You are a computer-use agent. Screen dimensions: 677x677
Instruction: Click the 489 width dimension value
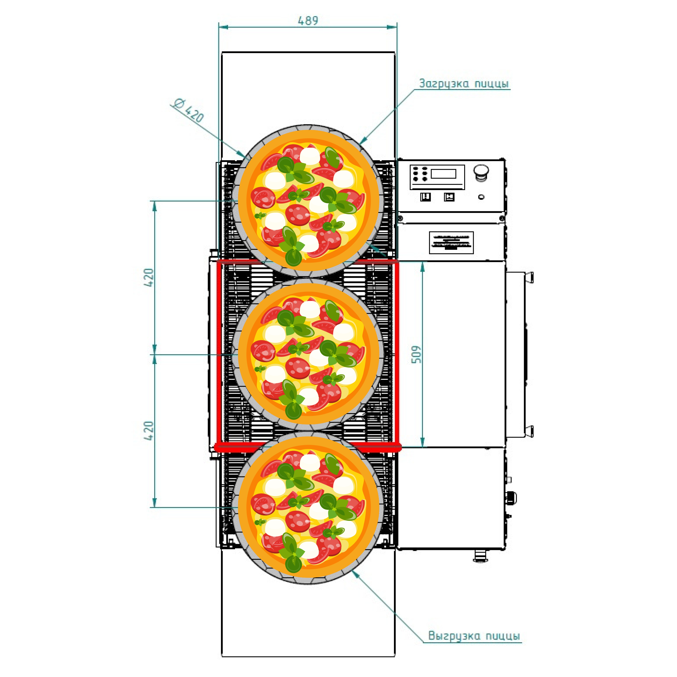(x=308, y=21)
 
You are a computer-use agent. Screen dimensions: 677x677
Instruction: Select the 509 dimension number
(x=416, y=354)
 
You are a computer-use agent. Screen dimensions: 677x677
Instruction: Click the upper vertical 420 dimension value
(x=149, y=277)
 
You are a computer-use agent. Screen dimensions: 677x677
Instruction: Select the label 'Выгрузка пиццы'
(x=474, y=635)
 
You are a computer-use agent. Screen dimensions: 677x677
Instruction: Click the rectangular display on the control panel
(x=443, y=174)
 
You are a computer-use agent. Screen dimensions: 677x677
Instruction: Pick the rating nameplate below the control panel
(x=451, y=242)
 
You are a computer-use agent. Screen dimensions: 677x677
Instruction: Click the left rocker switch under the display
(x=425, y=197)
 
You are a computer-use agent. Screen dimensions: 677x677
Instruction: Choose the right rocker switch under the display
(x=449, y=197)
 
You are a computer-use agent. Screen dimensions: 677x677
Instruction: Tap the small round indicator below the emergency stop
(x=481, y=197)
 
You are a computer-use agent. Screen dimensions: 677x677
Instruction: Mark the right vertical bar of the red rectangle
(x=397, y=354)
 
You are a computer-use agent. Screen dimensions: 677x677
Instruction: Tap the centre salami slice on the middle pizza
(x=298, y=368)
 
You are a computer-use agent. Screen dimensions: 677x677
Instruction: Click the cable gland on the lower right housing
(x=511, y=498)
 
